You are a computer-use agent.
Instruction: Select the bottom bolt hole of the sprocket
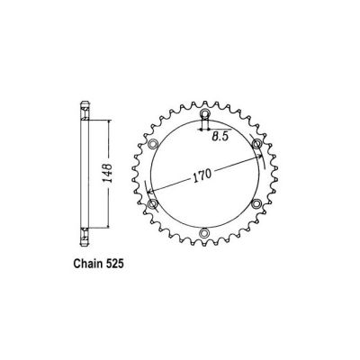pos(204,234)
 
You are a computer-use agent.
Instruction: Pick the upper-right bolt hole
pos(256,145)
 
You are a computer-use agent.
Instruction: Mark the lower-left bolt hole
pos(153,205)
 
